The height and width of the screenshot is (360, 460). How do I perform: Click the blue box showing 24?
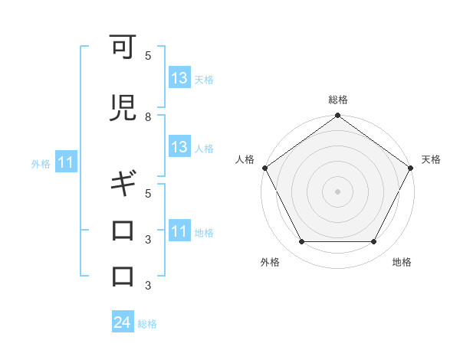tap(123, 323)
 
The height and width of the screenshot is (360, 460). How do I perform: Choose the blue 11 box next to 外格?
tap(65, 163)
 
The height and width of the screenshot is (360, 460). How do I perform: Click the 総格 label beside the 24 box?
tap(147, 324)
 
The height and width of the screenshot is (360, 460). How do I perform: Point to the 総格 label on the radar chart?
tap(338, 100)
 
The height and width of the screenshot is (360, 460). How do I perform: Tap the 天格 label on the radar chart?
tap(431, 159)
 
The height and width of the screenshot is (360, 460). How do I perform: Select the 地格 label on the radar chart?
tap(402, 262)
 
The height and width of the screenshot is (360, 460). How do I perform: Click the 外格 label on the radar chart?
tap(270, 262)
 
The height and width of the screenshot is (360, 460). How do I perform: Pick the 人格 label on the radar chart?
tap(244, 159)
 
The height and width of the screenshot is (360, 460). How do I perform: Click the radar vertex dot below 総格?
tap(338, 116)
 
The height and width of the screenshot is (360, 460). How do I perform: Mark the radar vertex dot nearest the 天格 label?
tap(412, 168)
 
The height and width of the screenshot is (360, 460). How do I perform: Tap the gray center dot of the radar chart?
tap(338, 191)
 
